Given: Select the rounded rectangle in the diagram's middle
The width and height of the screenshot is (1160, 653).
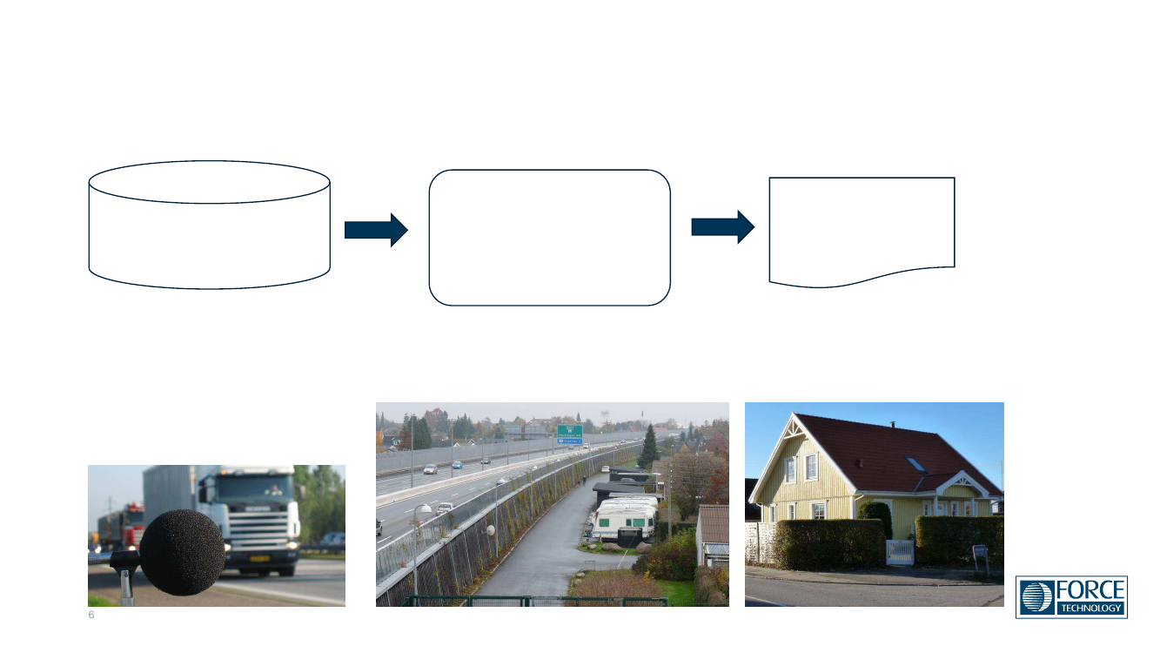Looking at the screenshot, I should [x=549, y=238].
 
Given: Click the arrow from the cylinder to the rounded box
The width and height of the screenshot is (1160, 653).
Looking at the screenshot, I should [x=376, y=230].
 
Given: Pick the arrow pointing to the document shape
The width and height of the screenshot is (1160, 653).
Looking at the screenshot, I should [x=722, y=227].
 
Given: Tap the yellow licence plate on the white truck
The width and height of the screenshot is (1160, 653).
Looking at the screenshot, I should [x=259, y=558].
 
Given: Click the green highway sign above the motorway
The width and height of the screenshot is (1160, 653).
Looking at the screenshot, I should [x=569, y=431].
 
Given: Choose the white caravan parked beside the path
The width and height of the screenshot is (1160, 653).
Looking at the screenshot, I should [x=624, y=518].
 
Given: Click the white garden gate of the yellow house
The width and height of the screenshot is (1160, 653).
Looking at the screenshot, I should [x=899, y=551].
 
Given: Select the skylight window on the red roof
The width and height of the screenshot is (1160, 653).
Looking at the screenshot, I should [x=915, y=465].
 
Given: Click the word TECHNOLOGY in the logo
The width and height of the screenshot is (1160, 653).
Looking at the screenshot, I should [x=1090, y=608].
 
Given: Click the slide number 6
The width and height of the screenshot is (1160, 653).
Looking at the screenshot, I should [x=91, y=616].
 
